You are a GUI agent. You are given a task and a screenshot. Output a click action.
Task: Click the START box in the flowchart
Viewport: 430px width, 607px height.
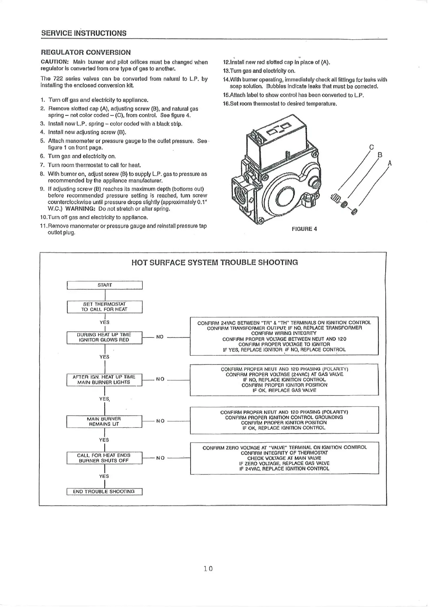click(105, 285)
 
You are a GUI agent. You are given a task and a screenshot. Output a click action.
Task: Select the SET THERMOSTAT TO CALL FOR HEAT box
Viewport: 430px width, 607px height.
click(105, 307)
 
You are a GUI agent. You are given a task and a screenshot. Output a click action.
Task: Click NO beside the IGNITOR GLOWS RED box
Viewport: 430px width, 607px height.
click(160, 337)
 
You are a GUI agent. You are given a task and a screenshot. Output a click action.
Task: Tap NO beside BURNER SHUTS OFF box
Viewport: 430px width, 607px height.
click(160, 458)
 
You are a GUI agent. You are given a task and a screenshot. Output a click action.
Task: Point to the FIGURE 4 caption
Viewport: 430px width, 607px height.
click(304, 229)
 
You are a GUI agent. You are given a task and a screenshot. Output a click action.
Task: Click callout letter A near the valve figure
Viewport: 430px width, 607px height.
click(390, 163)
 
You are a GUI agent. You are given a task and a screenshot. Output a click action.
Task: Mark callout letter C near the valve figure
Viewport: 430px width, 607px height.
click(372, 147)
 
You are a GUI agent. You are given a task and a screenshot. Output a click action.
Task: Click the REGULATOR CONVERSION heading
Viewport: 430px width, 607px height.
click(86, 52)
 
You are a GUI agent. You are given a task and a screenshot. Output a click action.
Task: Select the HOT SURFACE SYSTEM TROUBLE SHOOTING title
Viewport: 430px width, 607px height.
click(214, 262)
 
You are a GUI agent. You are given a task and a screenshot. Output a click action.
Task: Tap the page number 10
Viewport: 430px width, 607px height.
click(208, 569)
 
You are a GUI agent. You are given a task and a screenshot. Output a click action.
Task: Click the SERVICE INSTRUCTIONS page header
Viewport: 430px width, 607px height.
click(84, 33)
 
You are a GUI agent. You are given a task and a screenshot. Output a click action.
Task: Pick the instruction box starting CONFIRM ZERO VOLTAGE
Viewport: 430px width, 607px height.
click(284, 458)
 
